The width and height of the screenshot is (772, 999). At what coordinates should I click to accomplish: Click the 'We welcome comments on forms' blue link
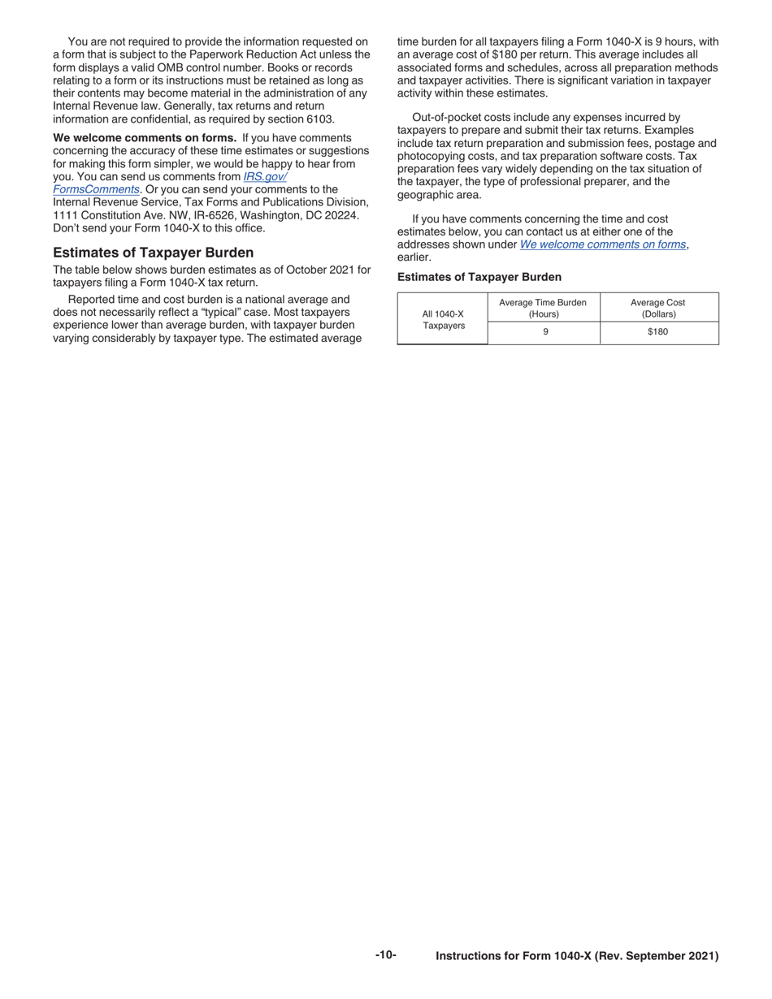tap(602, 244)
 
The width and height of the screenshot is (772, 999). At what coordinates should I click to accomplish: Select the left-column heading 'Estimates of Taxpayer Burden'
tap(153, 253)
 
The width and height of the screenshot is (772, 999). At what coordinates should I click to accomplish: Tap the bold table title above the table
tap(479, 277)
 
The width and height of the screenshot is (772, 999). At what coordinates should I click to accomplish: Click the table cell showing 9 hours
tap(544, 331)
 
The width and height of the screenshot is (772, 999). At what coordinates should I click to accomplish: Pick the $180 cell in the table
tap(657, 331)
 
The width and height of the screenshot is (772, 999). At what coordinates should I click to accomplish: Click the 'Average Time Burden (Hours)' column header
tap(543, 308)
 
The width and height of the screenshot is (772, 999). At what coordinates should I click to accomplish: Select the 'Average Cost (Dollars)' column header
tap(657, 308)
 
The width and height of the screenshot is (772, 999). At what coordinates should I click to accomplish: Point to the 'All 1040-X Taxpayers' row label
tap(443, 319)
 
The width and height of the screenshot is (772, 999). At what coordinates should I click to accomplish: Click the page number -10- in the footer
tap(386, 955)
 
